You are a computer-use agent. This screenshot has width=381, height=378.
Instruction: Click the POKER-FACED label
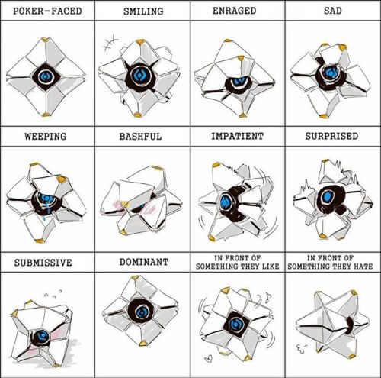(47, 11)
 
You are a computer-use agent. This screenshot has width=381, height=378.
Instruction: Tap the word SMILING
(143, 11)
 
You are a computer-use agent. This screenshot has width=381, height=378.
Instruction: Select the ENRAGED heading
(234, 11)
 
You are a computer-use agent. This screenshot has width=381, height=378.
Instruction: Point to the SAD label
(333, 11)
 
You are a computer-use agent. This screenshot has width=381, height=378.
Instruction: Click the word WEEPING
(46, 136)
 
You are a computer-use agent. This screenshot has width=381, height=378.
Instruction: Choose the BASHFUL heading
(140, 136)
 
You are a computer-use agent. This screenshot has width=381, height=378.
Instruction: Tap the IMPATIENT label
(237, 136)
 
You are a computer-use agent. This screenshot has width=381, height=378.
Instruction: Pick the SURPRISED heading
(331, 136)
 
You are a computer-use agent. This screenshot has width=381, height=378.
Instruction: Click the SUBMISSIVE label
(43, 263)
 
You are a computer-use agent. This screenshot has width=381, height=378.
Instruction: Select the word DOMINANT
(144, 262)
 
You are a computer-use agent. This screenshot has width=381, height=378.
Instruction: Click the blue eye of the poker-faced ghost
(46, 76)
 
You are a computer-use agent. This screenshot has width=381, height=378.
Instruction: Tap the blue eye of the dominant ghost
(141, 312)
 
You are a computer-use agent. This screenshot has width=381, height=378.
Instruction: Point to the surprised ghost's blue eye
(328, 196)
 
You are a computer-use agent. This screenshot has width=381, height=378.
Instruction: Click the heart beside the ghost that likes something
(208, 359)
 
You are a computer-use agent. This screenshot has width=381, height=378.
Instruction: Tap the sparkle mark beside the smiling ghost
(110, 44)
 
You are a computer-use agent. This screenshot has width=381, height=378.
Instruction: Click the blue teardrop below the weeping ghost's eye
(45, 218)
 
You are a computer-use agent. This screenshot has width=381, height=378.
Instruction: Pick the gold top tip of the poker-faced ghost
(45, 40)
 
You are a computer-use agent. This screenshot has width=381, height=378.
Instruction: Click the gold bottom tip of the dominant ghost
(142, 343)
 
